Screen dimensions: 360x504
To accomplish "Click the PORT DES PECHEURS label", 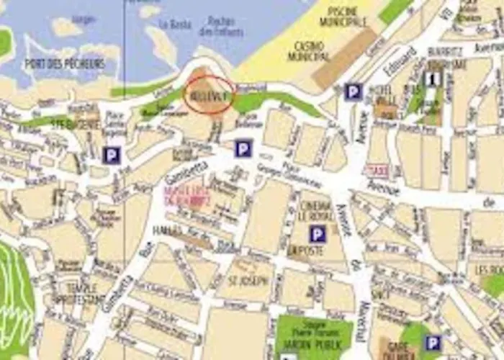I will tap(65, 63).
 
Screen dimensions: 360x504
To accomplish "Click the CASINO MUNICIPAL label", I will tap(308, 51).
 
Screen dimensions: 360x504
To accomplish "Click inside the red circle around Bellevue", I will tap(208, 95).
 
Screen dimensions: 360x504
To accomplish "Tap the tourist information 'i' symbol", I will tap(433, 78).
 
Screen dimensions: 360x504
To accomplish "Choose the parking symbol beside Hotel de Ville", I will tap(352, 91).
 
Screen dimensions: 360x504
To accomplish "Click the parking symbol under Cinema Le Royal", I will tap(318, 234).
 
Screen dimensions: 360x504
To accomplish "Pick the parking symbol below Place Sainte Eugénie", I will tap(111, 155).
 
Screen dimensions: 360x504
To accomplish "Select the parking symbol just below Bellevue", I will tap(244, 149).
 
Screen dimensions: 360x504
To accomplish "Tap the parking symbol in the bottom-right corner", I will tap(433, 343).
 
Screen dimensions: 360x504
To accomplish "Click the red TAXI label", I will tap(377, 171).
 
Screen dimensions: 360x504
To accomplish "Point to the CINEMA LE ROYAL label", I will tap(314, 205).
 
